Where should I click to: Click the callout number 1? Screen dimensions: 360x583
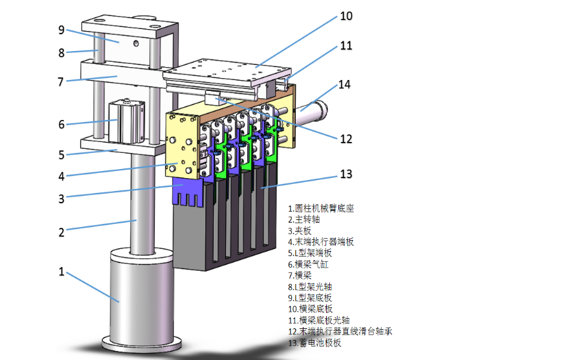[x=62, y=272]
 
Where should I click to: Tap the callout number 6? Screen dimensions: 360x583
[x=62, y=124]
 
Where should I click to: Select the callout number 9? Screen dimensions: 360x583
[x=61, y=30]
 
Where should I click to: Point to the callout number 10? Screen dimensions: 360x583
[x=346, y=16]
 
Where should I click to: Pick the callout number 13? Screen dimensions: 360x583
[x=346, y=174]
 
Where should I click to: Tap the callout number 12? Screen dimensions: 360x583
[x=346, y=138]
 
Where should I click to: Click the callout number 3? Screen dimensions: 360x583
[x=61, y=199]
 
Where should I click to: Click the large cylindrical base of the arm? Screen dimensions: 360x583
[x=139, y=294]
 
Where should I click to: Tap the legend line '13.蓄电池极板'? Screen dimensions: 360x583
[x=315, y=343]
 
